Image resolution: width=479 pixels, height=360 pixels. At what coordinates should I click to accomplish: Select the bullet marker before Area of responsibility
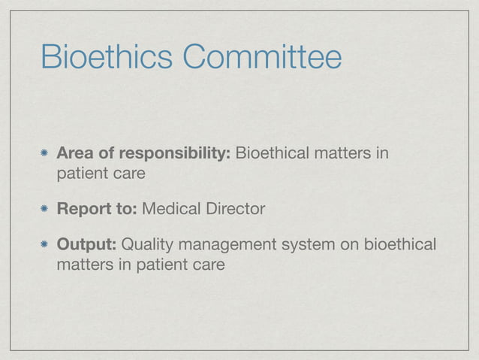[45, 155]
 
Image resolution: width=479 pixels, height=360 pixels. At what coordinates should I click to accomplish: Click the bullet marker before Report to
[45, 209]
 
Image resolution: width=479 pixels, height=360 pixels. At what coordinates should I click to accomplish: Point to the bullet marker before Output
[45, 245]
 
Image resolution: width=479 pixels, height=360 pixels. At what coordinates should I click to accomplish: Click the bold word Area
[76, 154]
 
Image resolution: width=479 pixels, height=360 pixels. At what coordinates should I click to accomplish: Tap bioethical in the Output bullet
[405, 245]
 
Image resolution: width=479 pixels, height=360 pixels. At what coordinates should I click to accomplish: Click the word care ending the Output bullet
[208, 264]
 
